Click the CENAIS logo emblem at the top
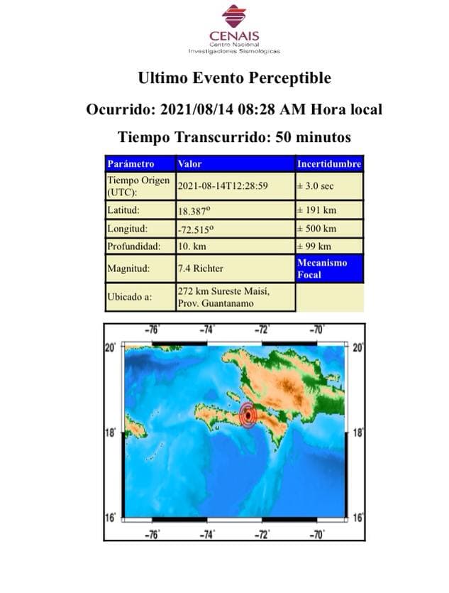[x=233, y=16]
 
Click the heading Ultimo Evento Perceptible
[x=234, y=77]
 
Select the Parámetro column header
[x=131, y=164]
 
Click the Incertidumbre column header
[x=329, y=164]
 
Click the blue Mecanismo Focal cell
[x=329, y=268]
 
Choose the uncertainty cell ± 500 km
[x=316, y=229]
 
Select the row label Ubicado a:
[x=129, y=297]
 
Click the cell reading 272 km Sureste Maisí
[x=224, y=290]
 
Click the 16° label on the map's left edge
[x=111, y=518]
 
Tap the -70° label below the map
[x=317, y=535]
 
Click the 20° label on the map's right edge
[x=357, y=348]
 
